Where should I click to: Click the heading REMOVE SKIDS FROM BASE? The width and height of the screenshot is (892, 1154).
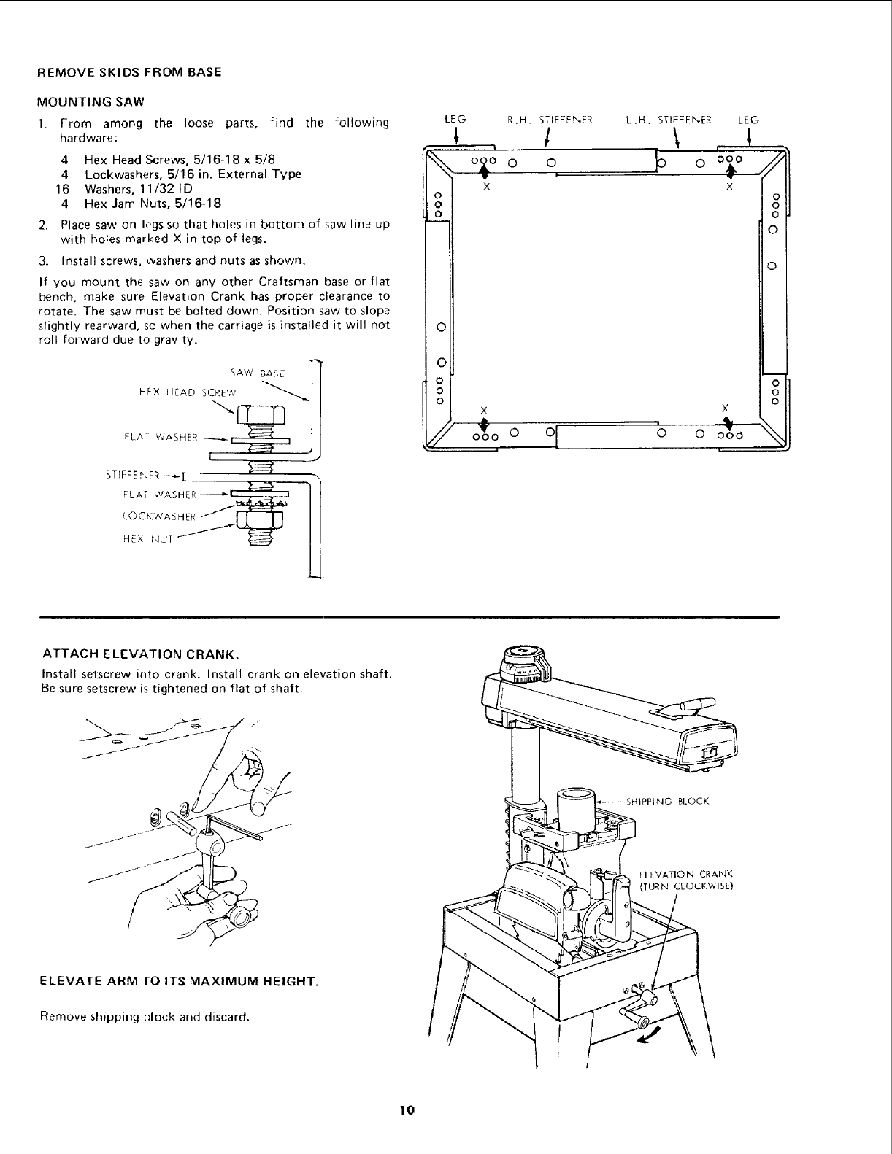(128, 73)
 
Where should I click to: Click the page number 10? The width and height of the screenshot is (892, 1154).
(407, 1110)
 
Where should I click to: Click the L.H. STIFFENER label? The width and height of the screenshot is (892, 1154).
(669, 120)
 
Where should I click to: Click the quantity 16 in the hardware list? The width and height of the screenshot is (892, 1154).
(62, 189)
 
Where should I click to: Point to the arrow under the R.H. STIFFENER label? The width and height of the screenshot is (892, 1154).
(556, 136)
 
